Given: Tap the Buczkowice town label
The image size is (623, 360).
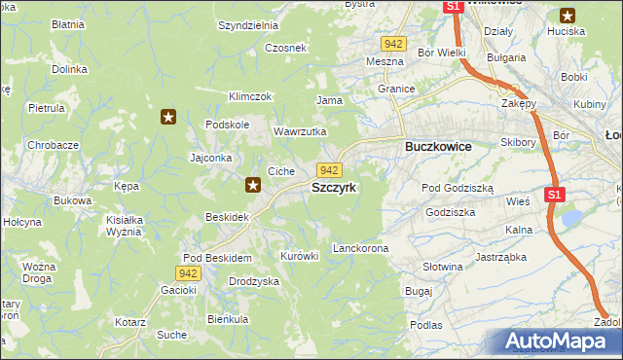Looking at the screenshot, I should (x=438, y=146).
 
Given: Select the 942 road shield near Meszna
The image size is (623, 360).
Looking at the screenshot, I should (x=393, y=45).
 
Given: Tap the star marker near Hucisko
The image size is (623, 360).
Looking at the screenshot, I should (x=568, y=15).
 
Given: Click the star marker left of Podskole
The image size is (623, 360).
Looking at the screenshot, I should (x=168, y=118).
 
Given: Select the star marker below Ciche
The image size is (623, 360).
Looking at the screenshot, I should (x=253, y=184).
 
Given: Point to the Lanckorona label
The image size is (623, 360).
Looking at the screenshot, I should (x=360, y=249).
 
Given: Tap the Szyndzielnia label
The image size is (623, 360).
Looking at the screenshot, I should (x=248, y=26).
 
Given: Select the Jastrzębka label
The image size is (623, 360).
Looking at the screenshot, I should (x=500, y=258).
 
